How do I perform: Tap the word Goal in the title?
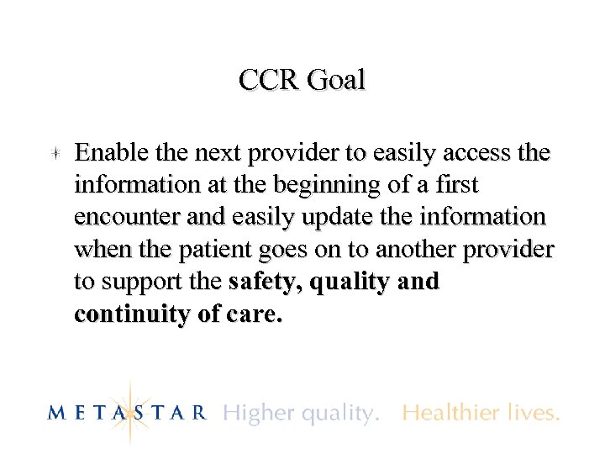(336, 81)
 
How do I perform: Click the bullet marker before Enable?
(52, 154)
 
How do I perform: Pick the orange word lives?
(534, 413)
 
